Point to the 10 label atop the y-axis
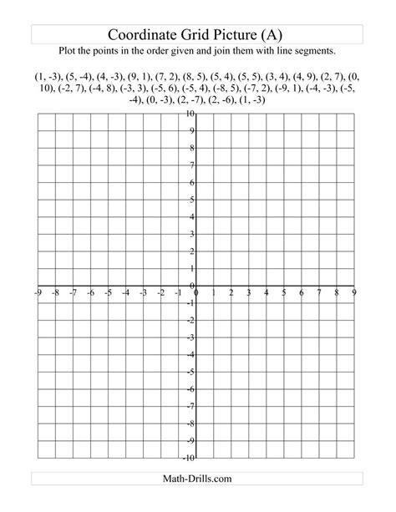191,114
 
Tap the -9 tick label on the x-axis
38,293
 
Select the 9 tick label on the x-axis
354,293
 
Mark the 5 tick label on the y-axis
194,200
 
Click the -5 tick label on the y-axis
192,372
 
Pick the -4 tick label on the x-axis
125,293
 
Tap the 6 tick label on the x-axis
302,293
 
